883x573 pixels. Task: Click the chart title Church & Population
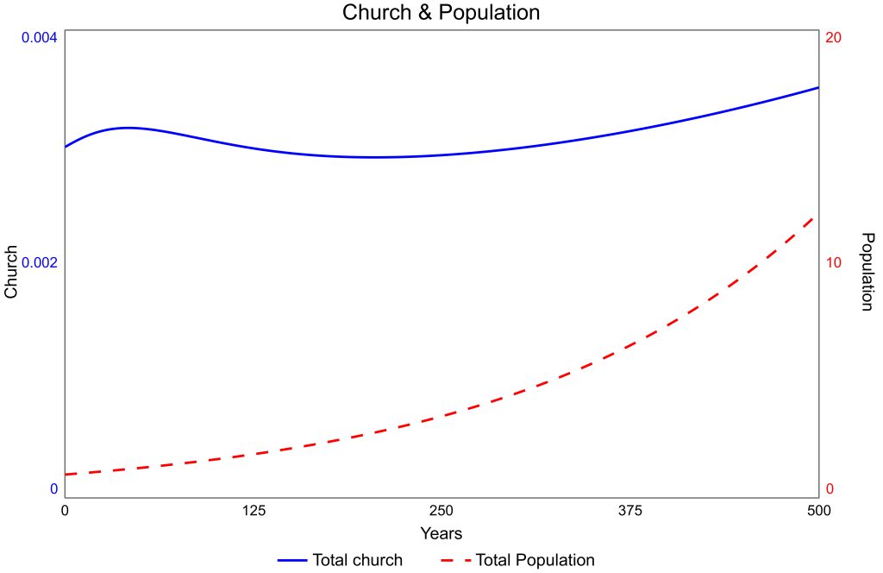(x=441, y=13)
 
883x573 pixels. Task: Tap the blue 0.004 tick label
(x=34, y=38)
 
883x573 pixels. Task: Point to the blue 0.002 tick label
(x=34, y=262)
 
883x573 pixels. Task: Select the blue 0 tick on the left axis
(x=53, y=489)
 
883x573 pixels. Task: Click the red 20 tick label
(x=833, y=38)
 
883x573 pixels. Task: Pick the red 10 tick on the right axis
(x=833, y=262)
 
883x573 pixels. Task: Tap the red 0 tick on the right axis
(x=830, y=489)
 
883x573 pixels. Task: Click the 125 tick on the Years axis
(x=253, y=511)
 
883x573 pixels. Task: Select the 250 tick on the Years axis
(x=441, y=511)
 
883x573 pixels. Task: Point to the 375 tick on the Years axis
(x=630, y=511)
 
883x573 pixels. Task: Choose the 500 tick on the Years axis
(x=818, y=511)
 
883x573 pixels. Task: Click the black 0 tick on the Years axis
(x=65, y=511)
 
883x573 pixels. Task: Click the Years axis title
(x=441, y=533)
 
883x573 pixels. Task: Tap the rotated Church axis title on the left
(x=11, y=272)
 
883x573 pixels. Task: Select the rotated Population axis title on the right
(x=868, y=272)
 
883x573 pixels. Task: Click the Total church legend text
(x=357, y=560)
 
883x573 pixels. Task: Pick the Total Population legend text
(x=535, y=560)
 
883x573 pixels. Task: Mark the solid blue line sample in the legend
(x=292, y=560)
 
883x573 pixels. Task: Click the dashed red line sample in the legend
(x=454, y=560)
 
